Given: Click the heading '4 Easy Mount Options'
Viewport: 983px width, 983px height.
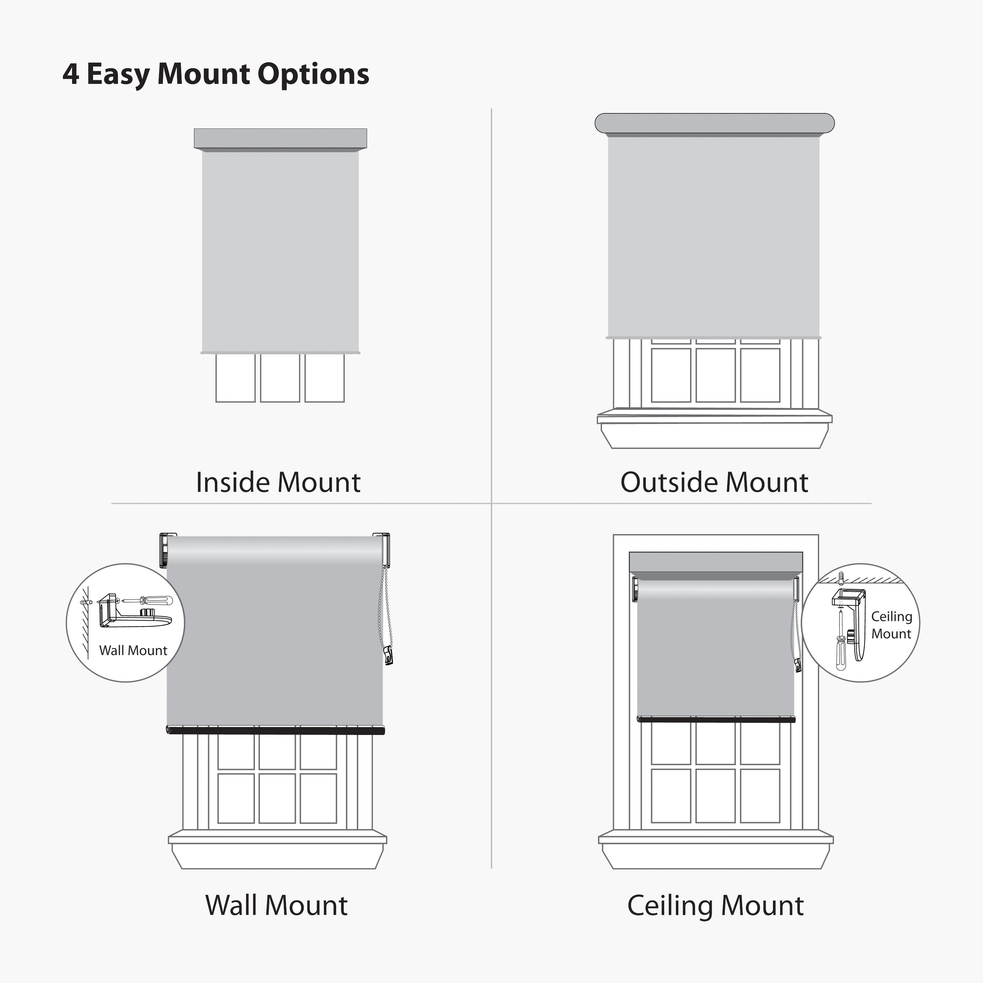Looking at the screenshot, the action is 216,74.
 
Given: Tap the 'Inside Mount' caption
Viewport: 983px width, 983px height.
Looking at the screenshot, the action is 278,482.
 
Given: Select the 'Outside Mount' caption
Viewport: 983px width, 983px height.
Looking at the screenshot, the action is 714,482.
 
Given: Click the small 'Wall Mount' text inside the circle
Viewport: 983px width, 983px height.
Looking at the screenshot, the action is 133,650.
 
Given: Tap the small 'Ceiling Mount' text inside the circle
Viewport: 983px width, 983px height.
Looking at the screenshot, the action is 891,625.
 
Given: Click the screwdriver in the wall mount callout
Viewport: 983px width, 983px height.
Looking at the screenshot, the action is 147,601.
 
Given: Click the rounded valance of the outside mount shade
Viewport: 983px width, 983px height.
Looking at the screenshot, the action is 714,124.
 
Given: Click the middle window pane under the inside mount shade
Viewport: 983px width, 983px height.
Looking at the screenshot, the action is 280,378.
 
